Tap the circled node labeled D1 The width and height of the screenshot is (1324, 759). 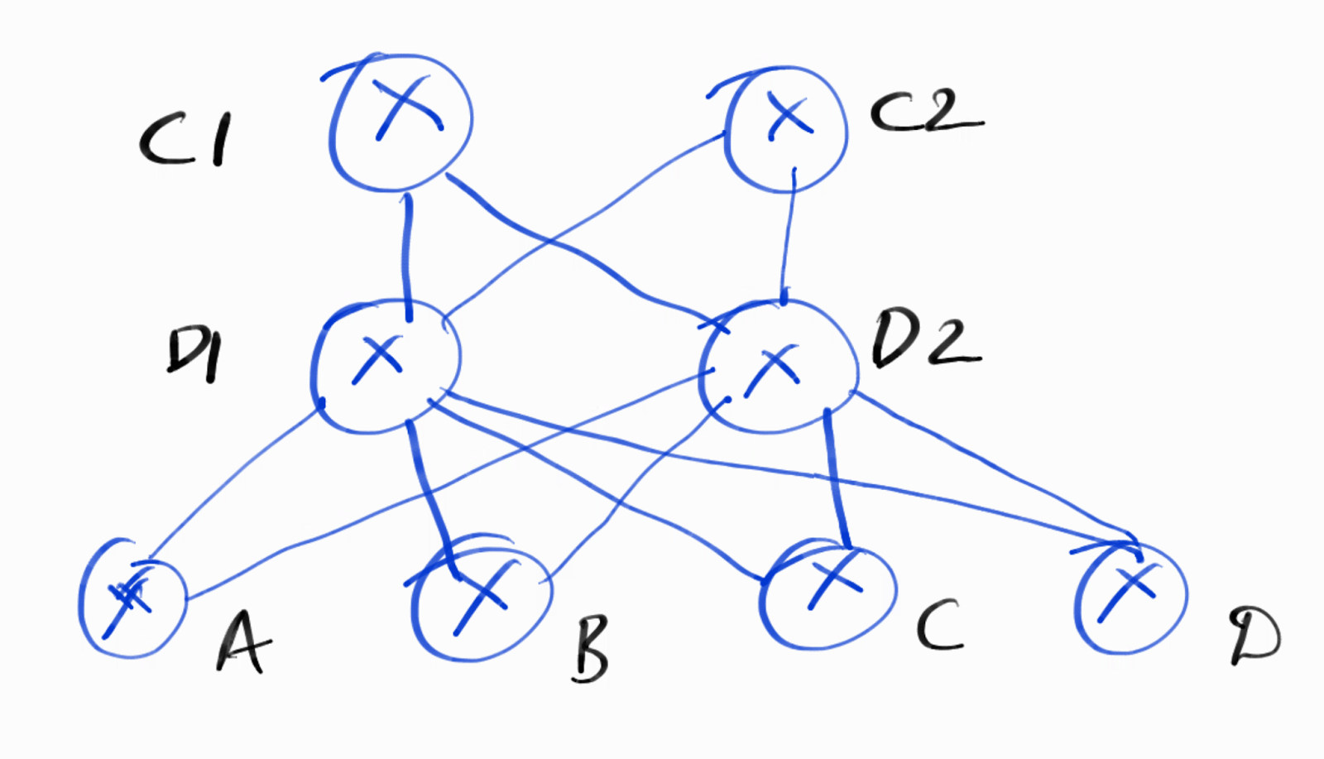pyautogui.click(x=386, y=365)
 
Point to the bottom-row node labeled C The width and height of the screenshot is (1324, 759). pyautogui.click(x=827, y=591)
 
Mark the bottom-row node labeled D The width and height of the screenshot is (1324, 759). pyautogui.click(x=1130, y=596)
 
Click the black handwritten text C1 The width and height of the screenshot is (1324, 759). pyautogui.click(x=185, y=139)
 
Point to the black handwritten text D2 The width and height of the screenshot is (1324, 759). pyautogui.click(x=925, y=339)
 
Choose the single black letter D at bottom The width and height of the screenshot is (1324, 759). pyautogui.click(x=1254, y=637)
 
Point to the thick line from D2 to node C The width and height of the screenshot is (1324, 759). pyautogui.click(x=837, y=480)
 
